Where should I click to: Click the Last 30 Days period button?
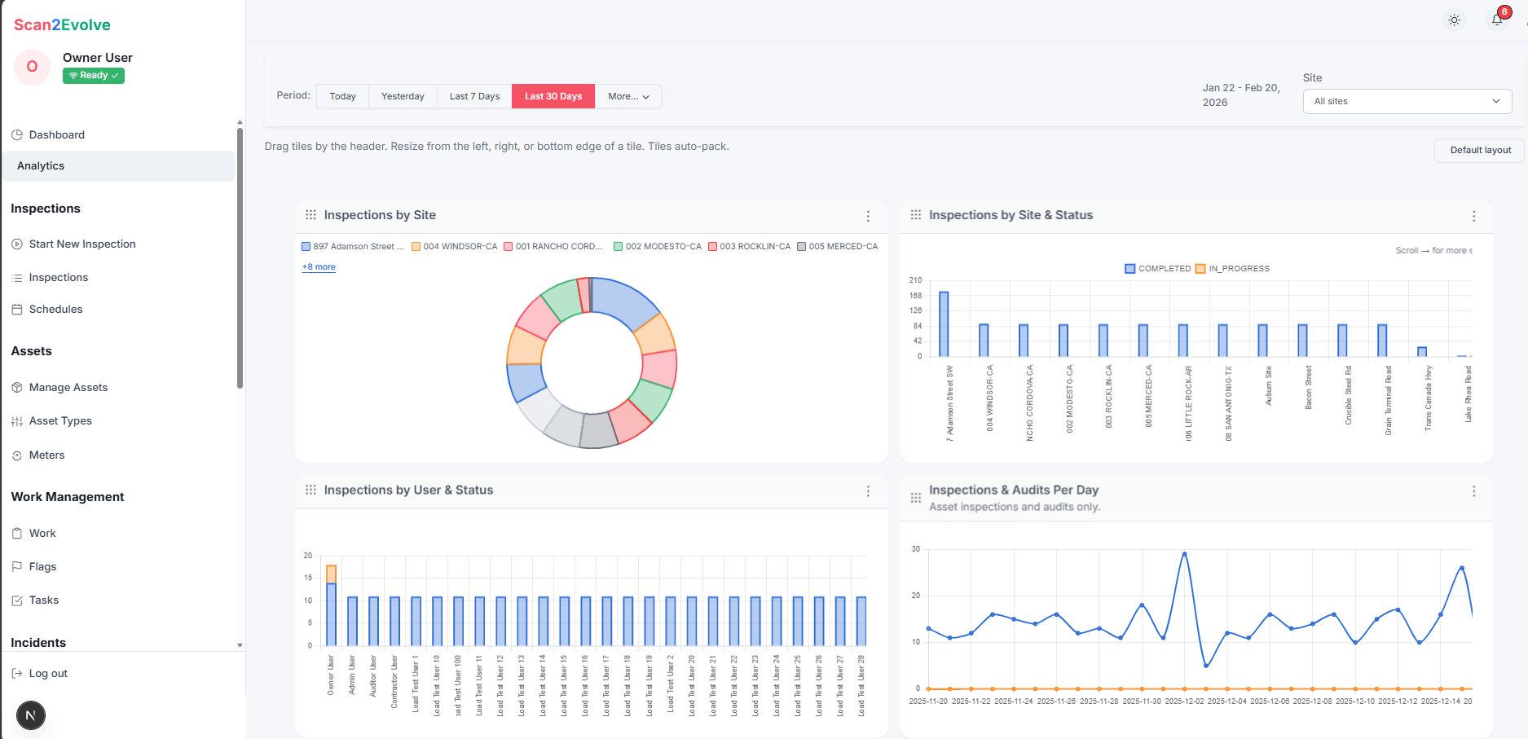pyautogui.click(x=553, y=96)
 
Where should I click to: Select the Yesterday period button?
pyautogui.click(x=403, y=96)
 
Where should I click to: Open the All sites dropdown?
pyautogui.click(x=1407, y=101)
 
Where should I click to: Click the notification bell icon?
pyautogui.click(x=1497, y=20)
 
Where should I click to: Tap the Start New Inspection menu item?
pyautogui.click(x=81, y=244)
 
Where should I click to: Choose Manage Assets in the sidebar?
pyautogui.click(x=68, y=387)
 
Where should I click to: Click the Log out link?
pyautogui.click(x=47, y=673)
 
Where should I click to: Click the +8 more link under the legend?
pyautogui.click(x=319, y=266)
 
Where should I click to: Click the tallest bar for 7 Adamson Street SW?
pyautogui.click(x=944, y=323)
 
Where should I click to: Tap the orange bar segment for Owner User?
pyautogui.click(x=331, y=574)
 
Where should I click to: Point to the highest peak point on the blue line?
pyautogui.click(x=1184, y=554)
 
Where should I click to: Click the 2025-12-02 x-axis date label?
pyautogui.click(x=1184, y=701)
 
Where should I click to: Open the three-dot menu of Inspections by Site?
pyautogui.click(x=868, y=216)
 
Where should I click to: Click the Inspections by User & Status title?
pyautogui.click(x=407, y=490)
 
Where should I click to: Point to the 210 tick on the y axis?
pyautogui.click(x=915, y=280)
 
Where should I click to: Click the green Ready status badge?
pyautogui.click(x=94, y=76)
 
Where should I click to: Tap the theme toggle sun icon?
pyautogui.click(x=1454, y=20)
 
